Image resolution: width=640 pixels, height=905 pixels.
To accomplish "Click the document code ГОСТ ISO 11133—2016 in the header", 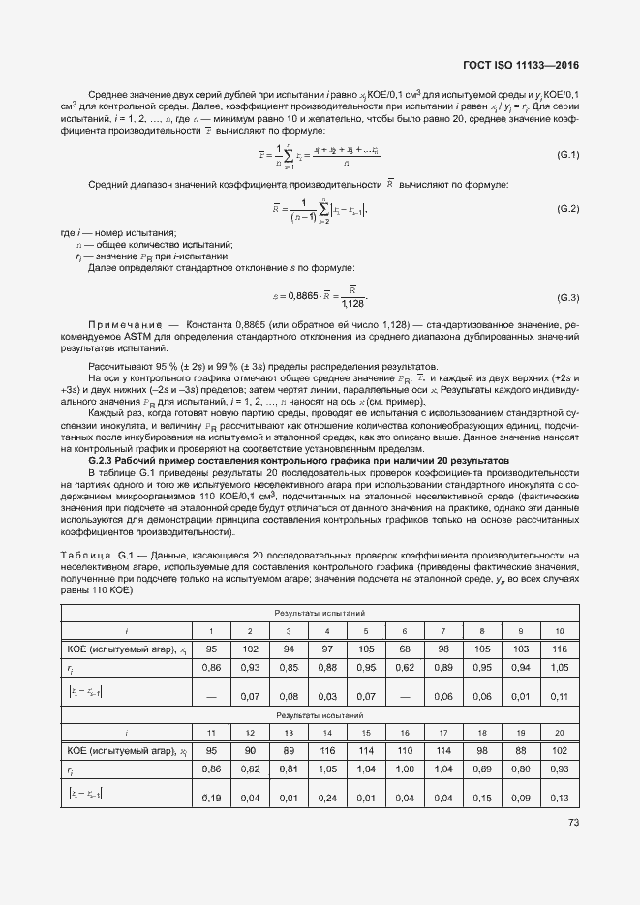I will click(527, 65).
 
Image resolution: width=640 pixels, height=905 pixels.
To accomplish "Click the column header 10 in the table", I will click(559, 630).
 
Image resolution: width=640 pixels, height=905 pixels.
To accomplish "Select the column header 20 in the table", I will click(559, 733).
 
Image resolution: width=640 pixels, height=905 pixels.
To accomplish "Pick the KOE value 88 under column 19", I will click(519, 751).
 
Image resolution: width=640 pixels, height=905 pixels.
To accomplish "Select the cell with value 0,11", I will click(559, 695).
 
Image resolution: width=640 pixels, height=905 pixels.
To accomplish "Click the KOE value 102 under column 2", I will click(250, 649).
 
